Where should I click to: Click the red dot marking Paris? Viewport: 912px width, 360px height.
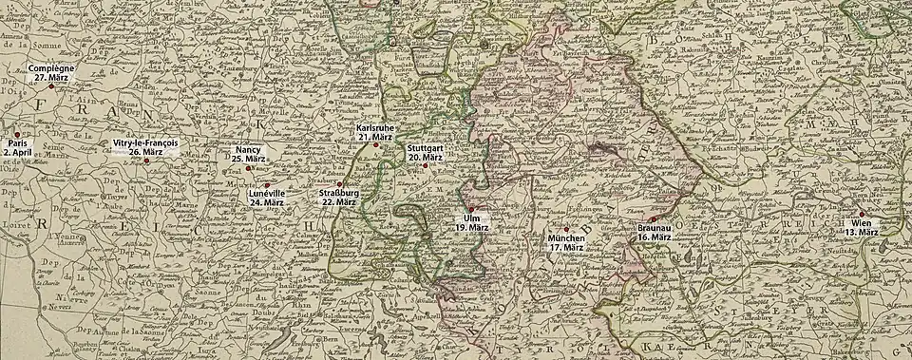17,134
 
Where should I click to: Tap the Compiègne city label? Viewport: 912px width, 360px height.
51,69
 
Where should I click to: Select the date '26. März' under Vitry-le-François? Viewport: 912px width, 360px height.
145,151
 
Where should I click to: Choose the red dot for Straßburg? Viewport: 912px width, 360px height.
339,183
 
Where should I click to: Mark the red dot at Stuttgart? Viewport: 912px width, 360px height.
425,165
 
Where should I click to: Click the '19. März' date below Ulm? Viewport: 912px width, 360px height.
470,228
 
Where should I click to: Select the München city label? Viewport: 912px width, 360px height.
566,237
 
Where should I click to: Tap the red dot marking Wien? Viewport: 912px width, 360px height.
864,214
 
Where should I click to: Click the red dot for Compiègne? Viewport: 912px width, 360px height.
51,86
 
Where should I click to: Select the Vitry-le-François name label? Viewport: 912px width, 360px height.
145,142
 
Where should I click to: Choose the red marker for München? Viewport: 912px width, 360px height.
566,229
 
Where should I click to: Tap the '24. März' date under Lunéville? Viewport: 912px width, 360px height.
267,202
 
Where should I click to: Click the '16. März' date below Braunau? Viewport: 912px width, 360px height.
655,237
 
